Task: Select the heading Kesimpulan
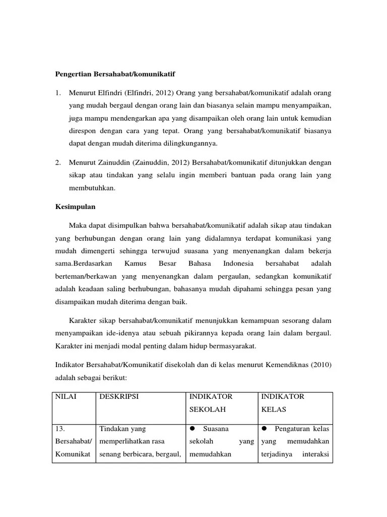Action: tap(75, 207)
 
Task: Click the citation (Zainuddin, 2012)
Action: tap(152, 163)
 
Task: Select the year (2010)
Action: tap(321, 365)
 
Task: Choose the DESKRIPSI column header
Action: tap(119, 397)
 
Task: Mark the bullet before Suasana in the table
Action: tap(192, 429)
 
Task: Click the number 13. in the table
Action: tap(61, 429)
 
